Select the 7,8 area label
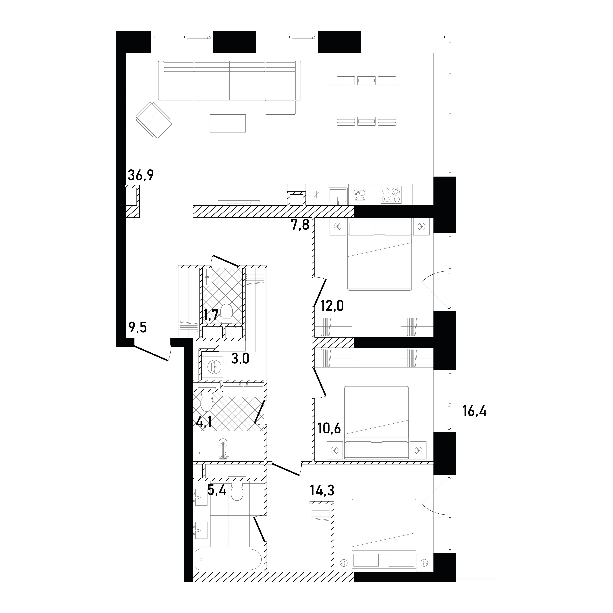click(x=300, y=226)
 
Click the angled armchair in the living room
click(x=154, y=120)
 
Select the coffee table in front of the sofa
click(x=227, y=123)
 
